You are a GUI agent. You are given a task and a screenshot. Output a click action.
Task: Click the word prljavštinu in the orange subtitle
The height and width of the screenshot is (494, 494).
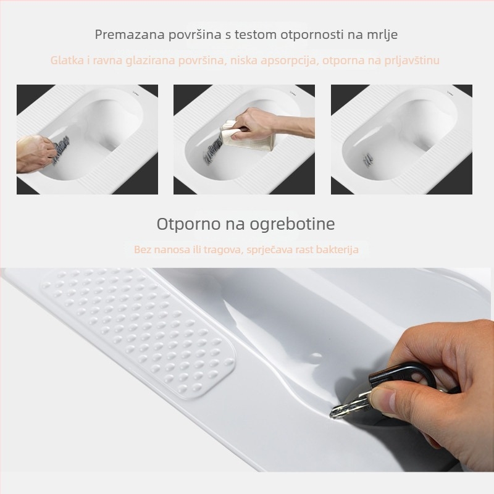tap(412, 61)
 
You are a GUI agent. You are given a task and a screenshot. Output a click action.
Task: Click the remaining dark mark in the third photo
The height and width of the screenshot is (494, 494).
tap(367, 160)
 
